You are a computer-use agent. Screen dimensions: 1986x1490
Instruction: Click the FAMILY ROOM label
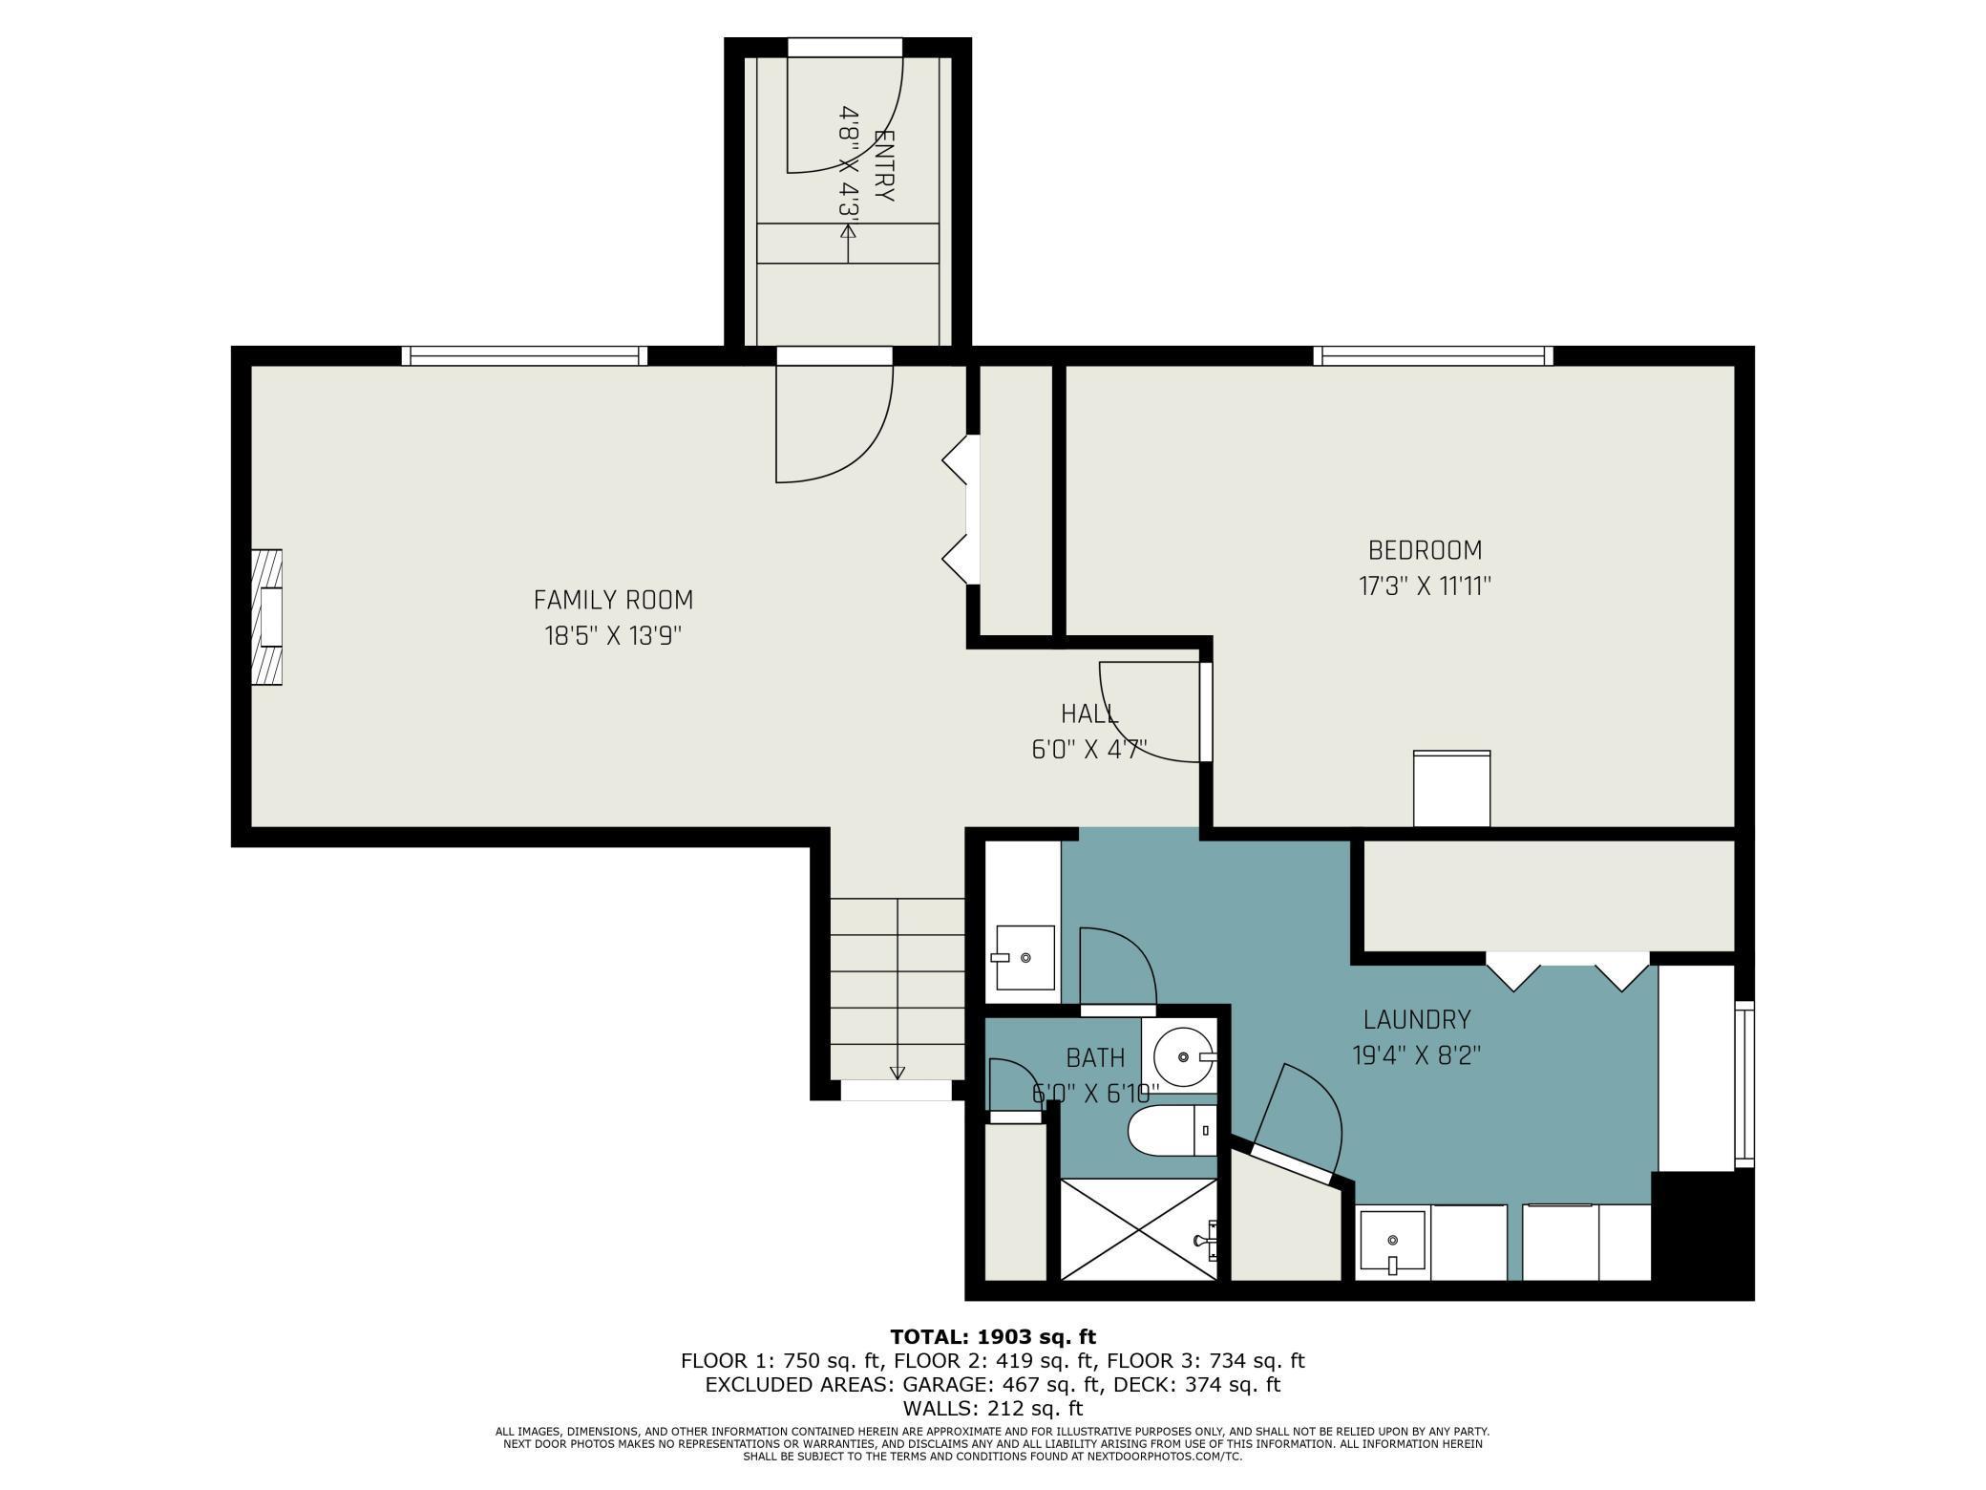613,600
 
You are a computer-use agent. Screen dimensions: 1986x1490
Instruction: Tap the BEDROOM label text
1425,550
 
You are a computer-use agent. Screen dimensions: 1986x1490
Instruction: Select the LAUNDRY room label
1417,1020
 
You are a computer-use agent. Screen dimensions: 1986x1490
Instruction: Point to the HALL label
1089,713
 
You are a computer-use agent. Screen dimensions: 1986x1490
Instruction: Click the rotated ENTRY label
885,164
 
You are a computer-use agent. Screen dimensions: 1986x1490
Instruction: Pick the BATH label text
1095,1057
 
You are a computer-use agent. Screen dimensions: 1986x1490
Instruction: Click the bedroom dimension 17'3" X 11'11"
1425,585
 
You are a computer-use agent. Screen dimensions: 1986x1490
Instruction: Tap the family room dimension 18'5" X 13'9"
613,635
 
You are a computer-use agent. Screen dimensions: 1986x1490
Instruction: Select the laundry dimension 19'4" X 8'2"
1417,1055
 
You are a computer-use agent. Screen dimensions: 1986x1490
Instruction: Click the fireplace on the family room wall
267,616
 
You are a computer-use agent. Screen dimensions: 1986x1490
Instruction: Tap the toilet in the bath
1173,1131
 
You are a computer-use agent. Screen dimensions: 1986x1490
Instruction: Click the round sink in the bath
1185,1056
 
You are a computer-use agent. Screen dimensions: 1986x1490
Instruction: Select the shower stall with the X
1139,1229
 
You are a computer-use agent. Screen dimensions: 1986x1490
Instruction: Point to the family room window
524,356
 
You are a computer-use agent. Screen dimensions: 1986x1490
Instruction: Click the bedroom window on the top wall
1433,356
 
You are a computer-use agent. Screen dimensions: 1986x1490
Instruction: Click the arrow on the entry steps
848,243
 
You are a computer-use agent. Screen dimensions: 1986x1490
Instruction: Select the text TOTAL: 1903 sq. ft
993,1337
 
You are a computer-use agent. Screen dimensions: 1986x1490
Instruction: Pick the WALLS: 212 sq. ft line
993,1408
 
